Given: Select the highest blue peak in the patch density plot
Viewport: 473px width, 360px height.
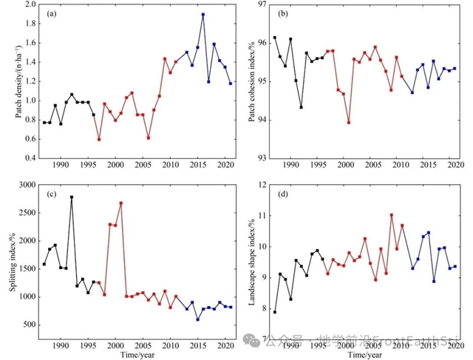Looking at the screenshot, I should (x=203, y=14).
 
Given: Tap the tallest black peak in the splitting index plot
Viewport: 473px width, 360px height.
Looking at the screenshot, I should (x=72, y=197).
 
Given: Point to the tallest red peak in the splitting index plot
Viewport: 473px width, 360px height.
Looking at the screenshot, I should (x=120, y=203).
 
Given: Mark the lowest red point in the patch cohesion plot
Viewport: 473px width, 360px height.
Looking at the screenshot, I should (x=348, y=122).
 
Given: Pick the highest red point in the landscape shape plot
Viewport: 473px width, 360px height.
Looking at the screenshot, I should (x=391, y=215).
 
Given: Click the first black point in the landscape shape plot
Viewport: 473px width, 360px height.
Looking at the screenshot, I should (x=274, y=312).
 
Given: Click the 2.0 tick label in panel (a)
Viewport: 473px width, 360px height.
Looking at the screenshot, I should (x=30, y=4).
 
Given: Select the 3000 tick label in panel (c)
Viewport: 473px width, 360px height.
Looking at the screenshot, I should (x=27, y=185).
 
